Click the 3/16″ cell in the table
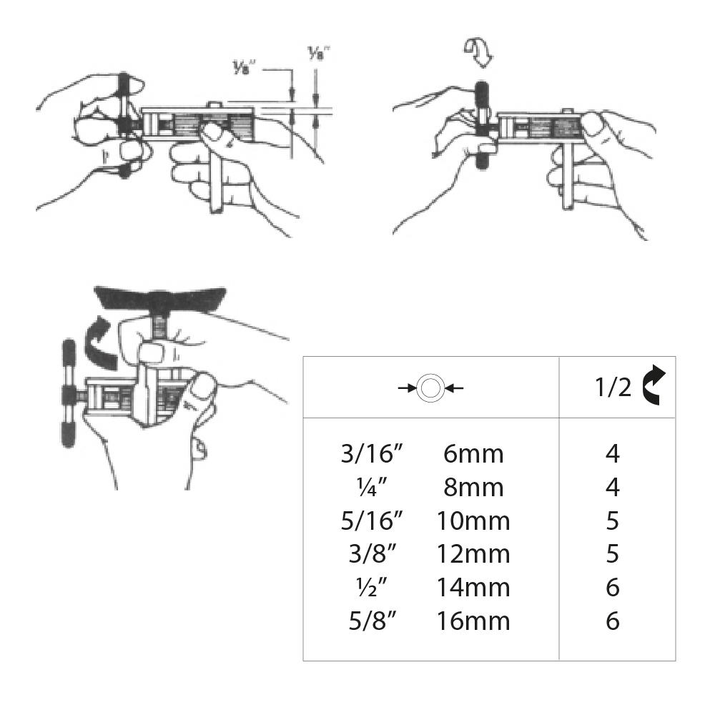pyautogui.click(x=372, y=454)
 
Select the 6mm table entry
pyautogui.click(x=473, y=454)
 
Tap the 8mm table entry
pyautogui.click(x=473, y=488)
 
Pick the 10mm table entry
pyautogui.click(x=473, y=521)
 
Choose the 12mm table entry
pyautogui.click(x=473, y=554)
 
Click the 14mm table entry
pyautogui.click(x=473, y=587)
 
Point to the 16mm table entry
pyautogui.click(x=473, y=621)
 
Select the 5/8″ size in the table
pyautogui.click(x=373, y=621)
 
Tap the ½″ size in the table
pyautogui.click(x=372, y=587)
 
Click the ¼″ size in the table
pyautogui.click(x=372, y=488)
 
